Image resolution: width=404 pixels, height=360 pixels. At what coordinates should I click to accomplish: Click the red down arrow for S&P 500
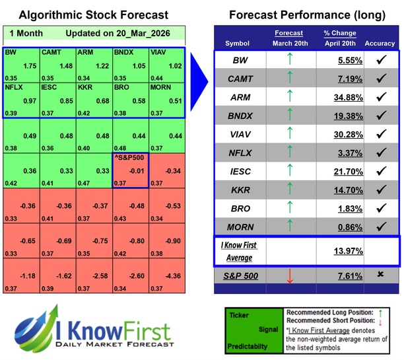click(288, 275)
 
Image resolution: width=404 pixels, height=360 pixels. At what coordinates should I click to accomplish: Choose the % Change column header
click(340, 34)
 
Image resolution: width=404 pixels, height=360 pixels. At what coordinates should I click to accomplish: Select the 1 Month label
click(24, 34)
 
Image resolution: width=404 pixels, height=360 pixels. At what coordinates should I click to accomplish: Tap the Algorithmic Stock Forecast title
click(93, 15)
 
